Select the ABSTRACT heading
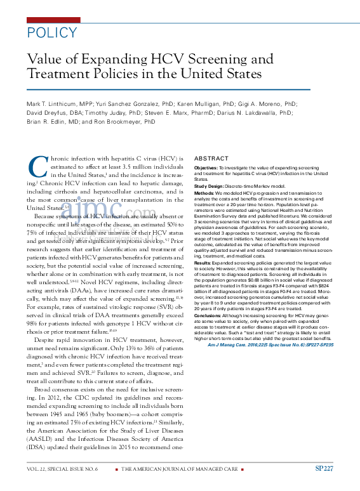click(x=211, y=158)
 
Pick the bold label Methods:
click(x=205, y=192)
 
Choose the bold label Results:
click(x=204, y=261)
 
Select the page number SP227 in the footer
click(x=324, y=468)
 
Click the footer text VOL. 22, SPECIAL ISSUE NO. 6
click(x=62, y=469)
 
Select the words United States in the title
click(x=212, y=74)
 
